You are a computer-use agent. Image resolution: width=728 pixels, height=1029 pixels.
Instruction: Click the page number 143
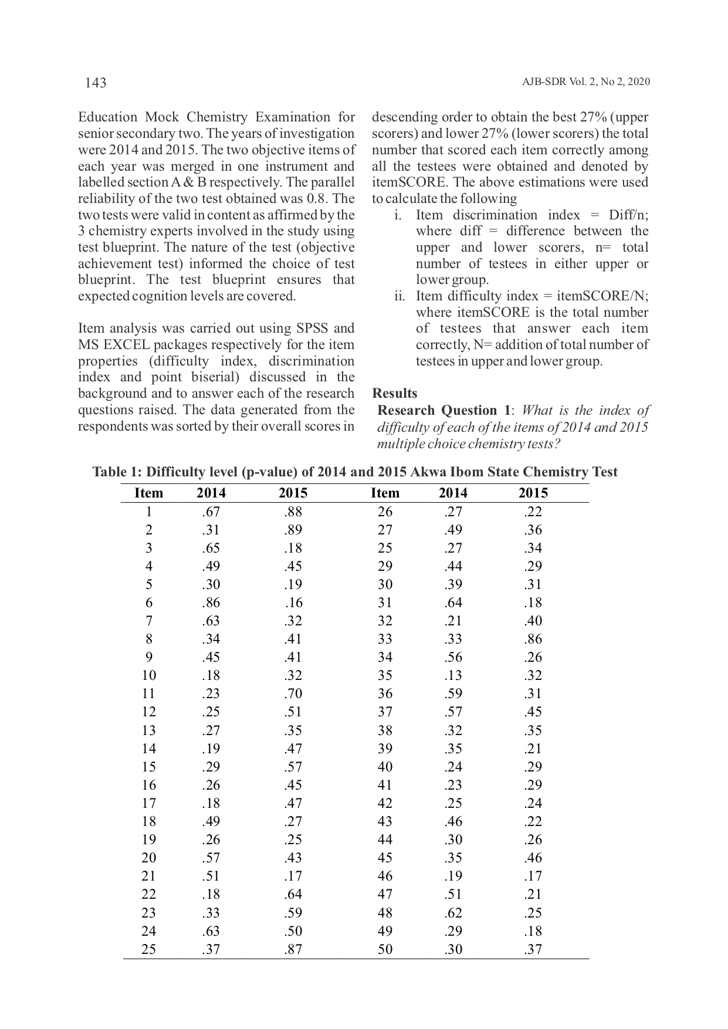96,83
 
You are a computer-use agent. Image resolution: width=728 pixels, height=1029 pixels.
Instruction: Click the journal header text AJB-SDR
544,82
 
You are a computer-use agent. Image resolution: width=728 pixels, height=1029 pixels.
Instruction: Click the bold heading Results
395,394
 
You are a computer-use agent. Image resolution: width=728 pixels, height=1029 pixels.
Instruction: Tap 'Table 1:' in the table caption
117,472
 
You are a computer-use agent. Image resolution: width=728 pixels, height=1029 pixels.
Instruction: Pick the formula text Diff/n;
628,215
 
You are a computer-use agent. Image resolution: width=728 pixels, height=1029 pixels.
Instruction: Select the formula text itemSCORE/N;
609,296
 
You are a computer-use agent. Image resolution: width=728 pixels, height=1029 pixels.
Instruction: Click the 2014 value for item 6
211,603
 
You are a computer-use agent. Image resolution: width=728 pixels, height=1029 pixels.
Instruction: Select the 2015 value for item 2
293,530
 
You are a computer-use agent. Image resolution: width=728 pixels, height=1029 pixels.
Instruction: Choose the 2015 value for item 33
533,639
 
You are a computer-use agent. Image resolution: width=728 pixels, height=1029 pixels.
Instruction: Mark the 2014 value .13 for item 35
453,676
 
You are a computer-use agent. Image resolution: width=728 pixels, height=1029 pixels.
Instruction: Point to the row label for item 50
385,949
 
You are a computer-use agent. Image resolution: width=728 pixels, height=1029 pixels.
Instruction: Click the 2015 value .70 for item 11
293,694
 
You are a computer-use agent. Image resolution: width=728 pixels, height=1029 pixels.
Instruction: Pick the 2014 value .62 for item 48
453,913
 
